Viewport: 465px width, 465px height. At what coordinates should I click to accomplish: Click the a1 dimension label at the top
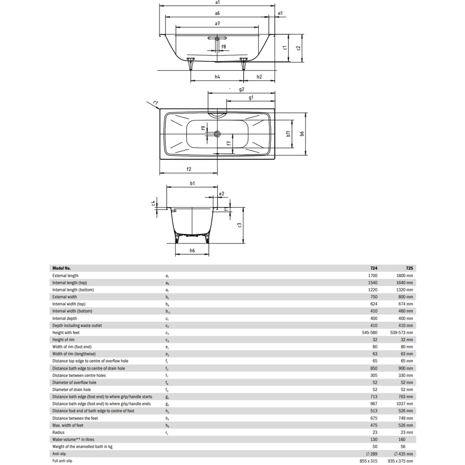click(217, 2)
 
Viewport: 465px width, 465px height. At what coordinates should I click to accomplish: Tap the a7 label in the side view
click(217, 24)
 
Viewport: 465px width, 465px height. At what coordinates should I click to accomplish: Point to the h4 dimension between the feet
click(217, 77)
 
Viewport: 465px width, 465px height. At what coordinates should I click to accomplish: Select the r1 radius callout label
click(155, 103)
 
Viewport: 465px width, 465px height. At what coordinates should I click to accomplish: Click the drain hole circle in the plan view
click(217, 134)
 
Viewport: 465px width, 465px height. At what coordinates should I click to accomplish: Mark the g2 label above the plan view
click(241, 90)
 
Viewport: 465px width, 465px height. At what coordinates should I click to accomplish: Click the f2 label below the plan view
click(189, 169)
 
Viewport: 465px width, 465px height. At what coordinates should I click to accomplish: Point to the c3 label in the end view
click(240, 225)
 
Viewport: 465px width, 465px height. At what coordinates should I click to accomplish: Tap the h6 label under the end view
click(192, 251)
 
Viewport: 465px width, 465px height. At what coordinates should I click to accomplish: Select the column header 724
click(374, 268)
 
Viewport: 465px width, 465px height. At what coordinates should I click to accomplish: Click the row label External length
click(65, 276)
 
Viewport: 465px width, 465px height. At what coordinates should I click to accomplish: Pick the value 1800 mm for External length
click(404, 276)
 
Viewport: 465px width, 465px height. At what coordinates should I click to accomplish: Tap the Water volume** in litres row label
click(73, 439)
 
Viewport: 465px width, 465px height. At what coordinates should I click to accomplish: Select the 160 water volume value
click(402, 439)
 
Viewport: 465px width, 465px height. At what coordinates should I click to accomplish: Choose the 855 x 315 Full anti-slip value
click(368, 461)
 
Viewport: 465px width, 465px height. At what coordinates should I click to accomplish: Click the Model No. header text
click(62, 268)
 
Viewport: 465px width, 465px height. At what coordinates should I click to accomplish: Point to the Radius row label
click(59, 432)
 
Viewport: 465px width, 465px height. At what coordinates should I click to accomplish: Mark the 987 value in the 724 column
click(374, 404)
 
